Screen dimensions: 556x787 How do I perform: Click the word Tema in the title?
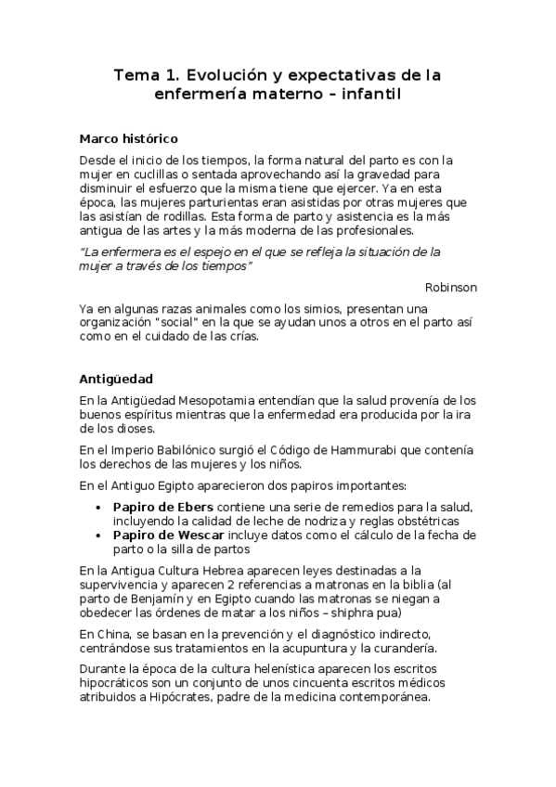pos(136,73)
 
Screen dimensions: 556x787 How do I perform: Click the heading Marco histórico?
pos(128,138)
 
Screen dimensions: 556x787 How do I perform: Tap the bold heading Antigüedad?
pos(116,380)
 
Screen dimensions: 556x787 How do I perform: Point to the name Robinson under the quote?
pos(451,287)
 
